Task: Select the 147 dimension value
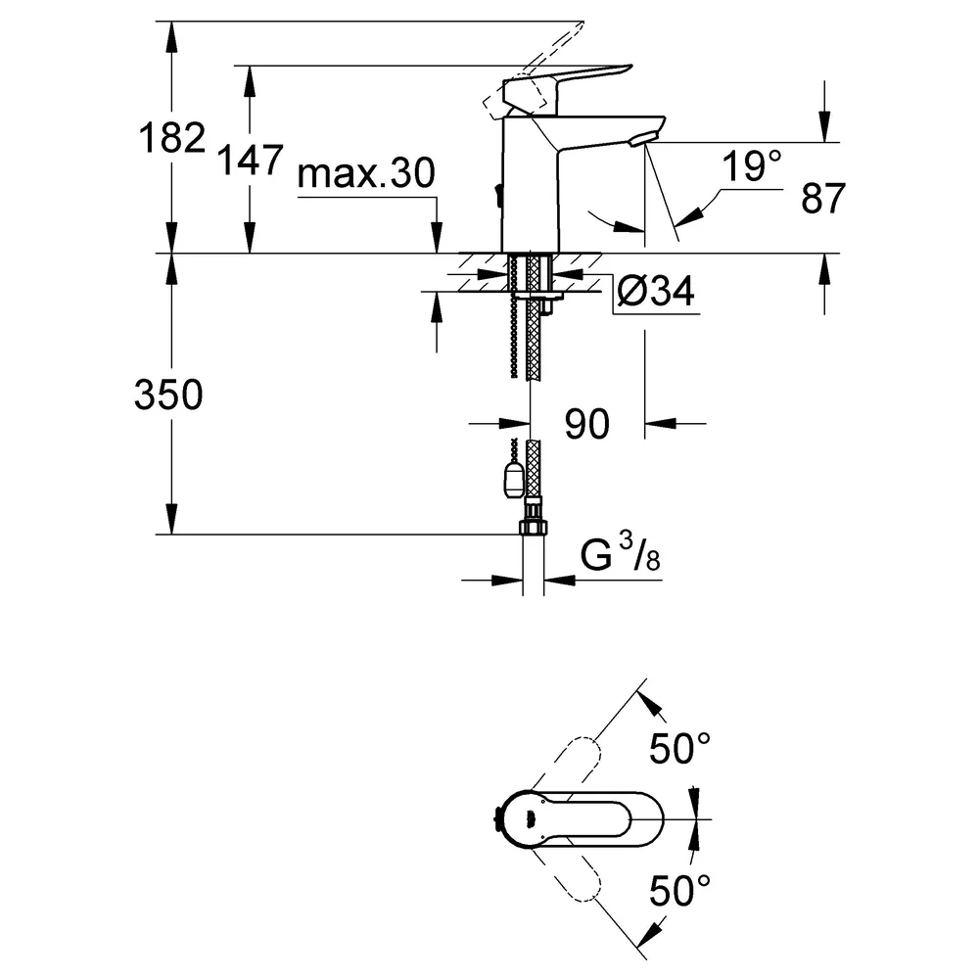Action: tap(250, 160)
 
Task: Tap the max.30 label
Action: tap(366, 173)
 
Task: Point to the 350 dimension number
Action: tap(168, 395)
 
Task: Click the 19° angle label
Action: tap(752, 166)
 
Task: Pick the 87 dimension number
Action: tap(823, 198)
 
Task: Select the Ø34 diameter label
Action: tap(656, 291)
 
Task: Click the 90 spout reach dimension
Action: tap(586, 425)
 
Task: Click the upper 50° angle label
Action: tap(680, 748)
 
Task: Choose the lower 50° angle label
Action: tap(680, 890)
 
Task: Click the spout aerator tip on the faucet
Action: tap(643, 139)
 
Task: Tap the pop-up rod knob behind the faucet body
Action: tap(497, 195)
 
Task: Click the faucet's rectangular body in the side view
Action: tap(531, 185)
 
